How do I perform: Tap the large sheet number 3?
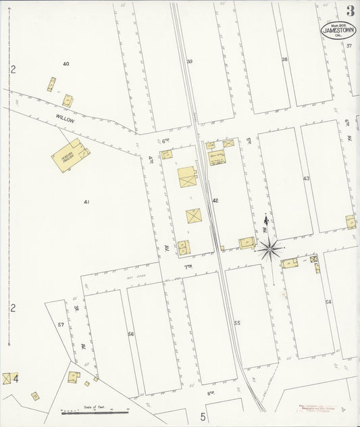pyautogui.click(x=350, y=11)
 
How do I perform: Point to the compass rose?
pyautogui.click(x=269, y=249)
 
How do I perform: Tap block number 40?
pyautogui.click(x=66, y=64)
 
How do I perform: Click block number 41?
pyautogui.click(x=86, y=201)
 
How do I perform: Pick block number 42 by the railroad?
pyautogui.click(x=215, y=201)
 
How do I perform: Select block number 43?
pyautogui.click(x=306, y=178)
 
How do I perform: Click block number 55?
pyautogui.click(x=237, y=324)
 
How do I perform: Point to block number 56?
pyautogui.click(x=131, y=334)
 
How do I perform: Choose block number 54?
pyautogui.click(x=328, y=302)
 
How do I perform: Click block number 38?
pyautogui.click(x=284, y=59)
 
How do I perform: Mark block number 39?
pyautogui.click(x=190, y=62)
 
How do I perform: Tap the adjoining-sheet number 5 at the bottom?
pyautogui.click(x=201, y=416)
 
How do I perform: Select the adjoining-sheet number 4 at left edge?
pyautogui.click(x=16, y=378)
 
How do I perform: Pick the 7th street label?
pyautogui.click(x=188, y=268)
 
